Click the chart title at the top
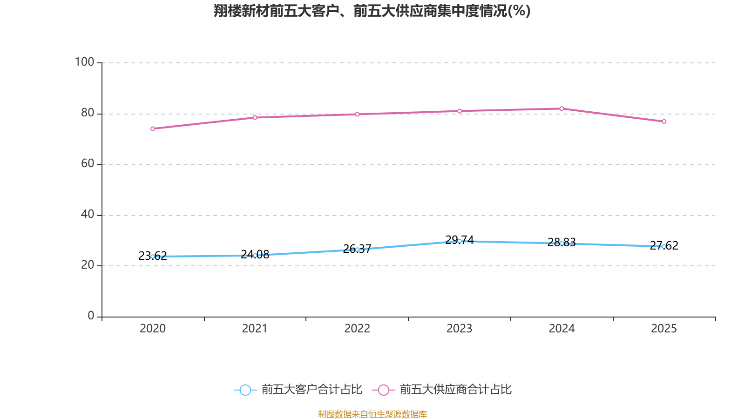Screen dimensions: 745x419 [x=372, y=11]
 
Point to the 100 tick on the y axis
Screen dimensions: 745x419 [x=84, y=62]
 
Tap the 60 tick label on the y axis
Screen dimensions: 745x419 [x=88, y=163]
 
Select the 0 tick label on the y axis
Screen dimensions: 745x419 [x=91, y=316]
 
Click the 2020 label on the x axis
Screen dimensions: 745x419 [x=153, y=329]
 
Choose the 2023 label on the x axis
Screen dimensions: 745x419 [x=459, y=329]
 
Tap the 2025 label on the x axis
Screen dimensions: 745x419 [x=664, y=329]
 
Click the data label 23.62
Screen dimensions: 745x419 [x=153, y=256]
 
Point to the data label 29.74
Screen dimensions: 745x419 [x=459, y=240]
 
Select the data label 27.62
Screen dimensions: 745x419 [x=664, y=245]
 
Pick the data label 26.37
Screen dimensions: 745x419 [x=357, y=249]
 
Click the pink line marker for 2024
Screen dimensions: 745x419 [x=562, y=109]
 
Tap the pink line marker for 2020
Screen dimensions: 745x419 [x=153, y=128]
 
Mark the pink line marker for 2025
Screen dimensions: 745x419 [x=664, y=122]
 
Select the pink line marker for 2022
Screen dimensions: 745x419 [x=357, y=115]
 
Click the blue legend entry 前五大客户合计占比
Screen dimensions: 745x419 [x=298, y=390]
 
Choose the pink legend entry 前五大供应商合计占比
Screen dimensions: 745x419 [x=442, y=390]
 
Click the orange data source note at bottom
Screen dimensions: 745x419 [x=372, y=414]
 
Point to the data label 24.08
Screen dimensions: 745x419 [x=255, y=254]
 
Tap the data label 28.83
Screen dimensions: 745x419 [x=562, y=243]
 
